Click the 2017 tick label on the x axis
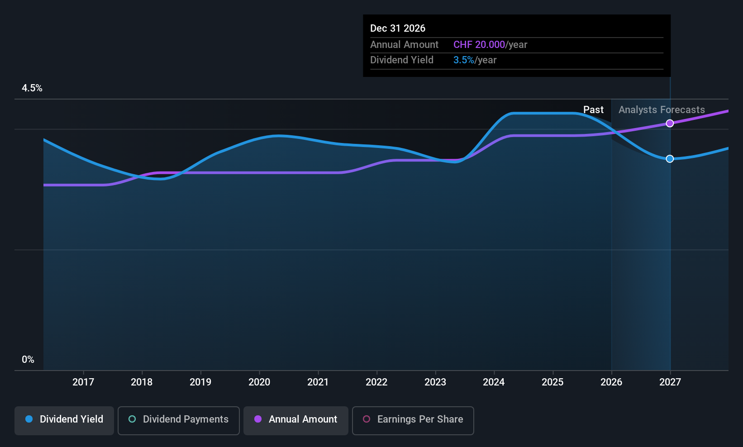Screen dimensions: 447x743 83,382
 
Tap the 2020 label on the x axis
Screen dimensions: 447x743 259,382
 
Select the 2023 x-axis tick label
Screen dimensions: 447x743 435,382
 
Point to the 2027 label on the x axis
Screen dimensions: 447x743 670,382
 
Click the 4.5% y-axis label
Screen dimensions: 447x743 32,88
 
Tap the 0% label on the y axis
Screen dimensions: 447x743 28,360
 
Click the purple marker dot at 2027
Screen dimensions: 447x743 670,124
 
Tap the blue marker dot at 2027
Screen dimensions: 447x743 670,159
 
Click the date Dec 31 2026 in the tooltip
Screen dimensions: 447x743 398,28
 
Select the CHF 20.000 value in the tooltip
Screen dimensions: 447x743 479,44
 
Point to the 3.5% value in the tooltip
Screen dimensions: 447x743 463,60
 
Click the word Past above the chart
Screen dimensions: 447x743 593,110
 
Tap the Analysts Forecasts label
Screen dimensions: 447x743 662,110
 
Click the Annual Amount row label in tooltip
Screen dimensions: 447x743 404,44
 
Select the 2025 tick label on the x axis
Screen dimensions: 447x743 552,382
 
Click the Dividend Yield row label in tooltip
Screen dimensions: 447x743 402,60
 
